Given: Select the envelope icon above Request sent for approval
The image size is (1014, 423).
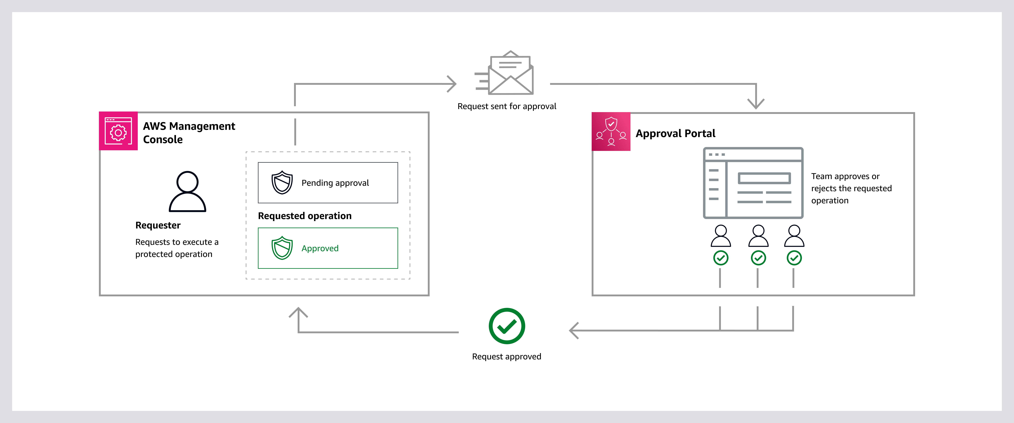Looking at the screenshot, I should [x=508, y=74].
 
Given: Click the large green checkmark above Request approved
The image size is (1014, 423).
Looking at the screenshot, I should [x=507, y=326].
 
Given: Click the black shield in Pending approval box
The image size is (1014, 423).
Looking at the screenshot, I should [x=282, y=182].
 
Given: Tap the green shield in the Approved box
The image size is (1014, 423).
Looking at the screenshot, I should [x=282, y=248].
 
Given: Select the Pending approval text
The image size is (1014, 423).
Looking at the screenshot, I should [x=335, y=183].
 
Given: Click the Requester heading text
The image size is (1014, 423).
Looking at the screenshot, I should [x=158, y=225].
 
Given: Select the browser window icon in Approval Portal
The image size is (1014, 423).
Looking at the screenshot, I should [x=753, y=183].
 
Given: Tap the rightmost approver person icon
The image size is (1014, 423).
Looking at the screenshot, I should [x=794, y=236].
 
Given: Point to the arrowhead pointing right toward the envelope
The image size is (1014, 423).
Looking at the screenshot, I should [x=452, y=84].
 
